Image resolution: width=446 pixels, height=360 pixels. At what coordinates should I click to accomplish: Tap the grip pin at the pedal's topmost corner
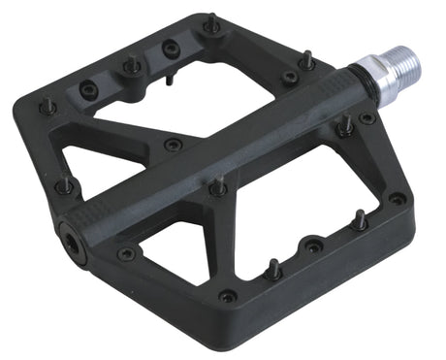[211, 21]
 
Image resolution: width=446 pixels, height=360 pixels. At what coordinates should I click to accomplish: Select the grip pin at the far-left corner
[47, 104]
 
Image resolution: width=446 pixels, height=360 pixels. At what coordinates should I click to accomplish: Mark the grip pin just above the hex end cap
[65, 183]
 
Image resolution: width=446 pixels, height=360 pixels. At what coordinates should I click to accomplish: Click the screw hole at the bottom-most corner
[228, 296]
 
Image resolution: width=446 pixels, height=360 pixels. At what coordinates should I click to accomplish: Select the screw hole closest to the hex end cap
[126, 254]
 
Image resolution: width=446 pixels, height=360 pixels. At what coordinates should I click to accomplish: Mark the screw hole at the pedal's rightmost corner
[397, 198]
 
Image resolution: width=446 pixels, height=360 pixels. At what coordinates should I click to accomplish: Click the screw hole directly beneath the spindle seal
[366, 118]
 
